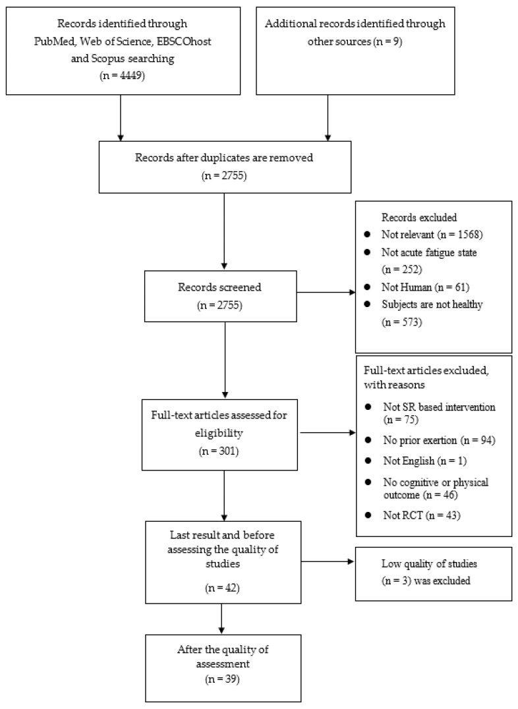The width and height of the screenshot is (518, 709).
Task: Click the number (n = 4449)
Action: click(122, 76)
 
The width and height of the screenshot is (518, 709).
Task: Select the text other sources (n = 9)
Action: click(355, 42)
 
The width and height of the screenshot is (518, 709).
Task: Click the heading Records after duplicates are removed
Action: click(224, 157)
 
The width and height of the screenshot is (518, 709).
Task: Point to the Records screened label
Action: click(219, 287)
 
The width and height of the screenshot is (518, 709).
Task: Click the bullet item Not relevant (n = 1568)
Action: click(432, 235)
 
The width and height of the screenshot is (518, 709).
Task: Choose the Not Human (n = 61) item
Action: click(425, 287)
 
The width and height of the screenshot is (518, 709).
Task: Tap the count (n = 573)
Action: click(402, 322)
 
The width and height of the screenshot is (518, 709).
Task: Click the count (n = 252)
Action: click(402, 269)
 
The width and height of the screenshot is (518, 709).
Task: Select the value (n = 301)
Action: click(219, 451)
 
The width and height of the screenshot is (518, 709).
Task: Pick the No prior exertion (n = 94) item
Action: click(439, 440)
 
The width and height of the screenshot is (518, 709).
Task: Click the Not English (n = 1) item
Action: click(425, 461)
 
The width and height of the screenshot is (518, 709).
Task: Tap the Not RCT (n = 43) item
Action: click(422, 515)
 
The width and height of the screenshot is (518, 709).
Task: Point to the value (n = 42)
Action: click(221, 588)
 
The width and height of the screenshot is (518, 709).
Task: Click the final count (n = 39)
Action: click(221, 679)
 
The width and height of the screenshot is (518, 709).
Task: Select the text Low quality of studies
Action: click(429, 564)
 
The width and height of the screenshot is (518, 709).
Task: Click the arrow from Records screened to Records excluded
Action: click(326, 293)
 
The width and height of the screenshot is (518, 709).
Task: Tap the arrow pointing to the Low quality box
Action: click(328, 562)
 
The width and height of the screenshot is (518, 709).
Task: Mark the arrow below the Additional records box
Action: click(328, 117)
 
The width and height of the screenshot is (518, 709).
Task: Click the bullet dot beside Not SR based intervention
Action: click(368, 407)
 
